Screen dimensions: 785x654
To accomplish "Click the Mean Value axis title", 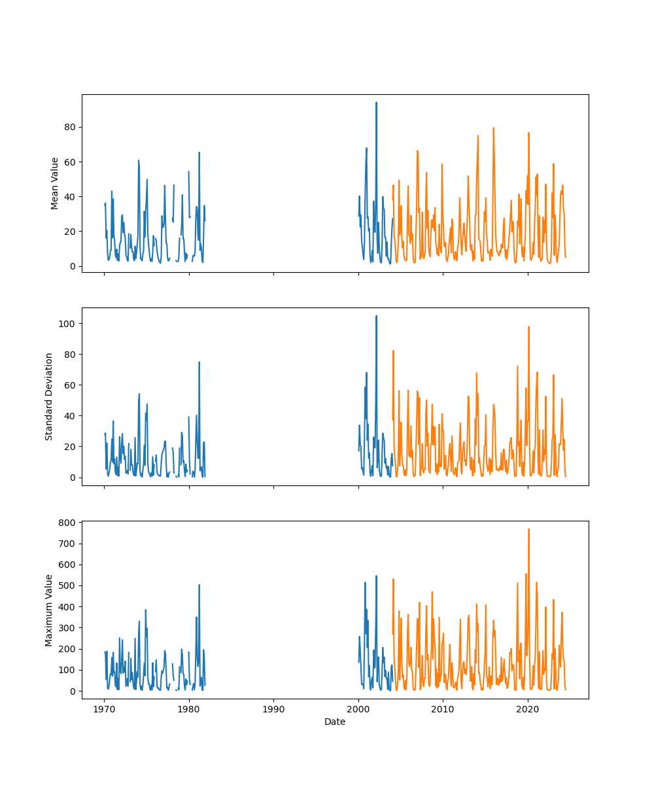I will [x=55, y=183].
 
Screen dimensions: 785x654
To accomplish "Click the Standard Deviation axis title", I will [x=49, y=396].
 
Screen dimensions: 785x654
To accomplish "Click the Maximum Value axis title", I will [x=49, y=610].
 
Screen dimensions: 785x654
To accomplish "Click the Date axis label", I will [x=335, y=722].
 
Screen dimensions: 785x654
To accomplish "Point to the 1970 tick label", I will [x=104, y=708].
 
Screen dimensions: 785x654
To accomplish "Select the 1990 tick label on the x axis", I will [x=273, y=708].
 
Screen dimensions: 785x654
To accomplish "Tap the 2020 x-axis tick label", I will [x=528, y=708].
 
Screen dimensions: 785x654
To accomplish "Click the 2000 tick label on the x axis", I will [x=358, y=708].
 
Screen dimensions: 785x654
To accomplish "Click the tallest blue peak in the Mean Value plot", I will [x=376, y=103].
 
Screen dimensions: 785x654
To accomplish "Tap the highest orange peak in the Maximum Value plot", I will [x=528, y=529].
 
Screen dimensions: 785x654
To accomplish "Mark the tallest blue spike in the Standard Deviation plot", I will [x=376, y=316].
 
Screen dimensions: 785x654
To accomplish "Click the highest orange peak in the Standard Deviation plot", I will [x=528, y=327].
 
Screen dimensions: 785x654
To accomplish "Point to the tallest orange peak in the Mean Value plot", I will [x=494, y=128].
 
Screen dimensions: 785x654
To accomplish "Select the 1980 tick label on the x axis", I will [x=189, y=708].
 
